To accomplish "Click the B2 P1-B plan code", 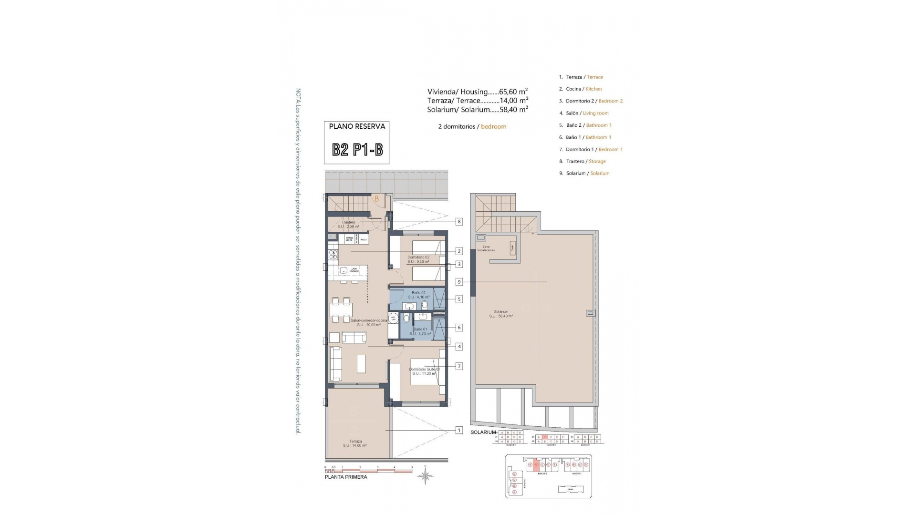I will [357, 150].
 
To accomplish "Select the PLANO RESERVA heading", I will [357, 126].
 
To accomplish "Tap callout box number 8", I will [459, 222].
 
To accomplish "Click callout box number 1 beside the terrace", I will [459, 430].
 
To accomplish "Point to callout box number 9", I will [459, 282].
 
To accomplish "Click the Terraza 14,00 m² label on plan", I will [355, 443].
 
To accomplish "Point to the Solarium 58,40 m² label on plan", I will [501, 314].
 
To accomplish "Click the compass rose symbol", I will [426, 476].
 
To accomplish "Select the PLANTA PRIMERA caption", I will [346, 477].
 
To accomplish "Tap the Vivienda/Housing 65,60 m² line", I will [477, 92].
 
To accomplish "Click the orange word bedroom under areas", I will [493, 126].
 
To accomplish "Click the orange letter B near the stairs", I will [376, 199].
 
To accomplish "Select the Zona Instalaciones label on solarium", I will [486, 248].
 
